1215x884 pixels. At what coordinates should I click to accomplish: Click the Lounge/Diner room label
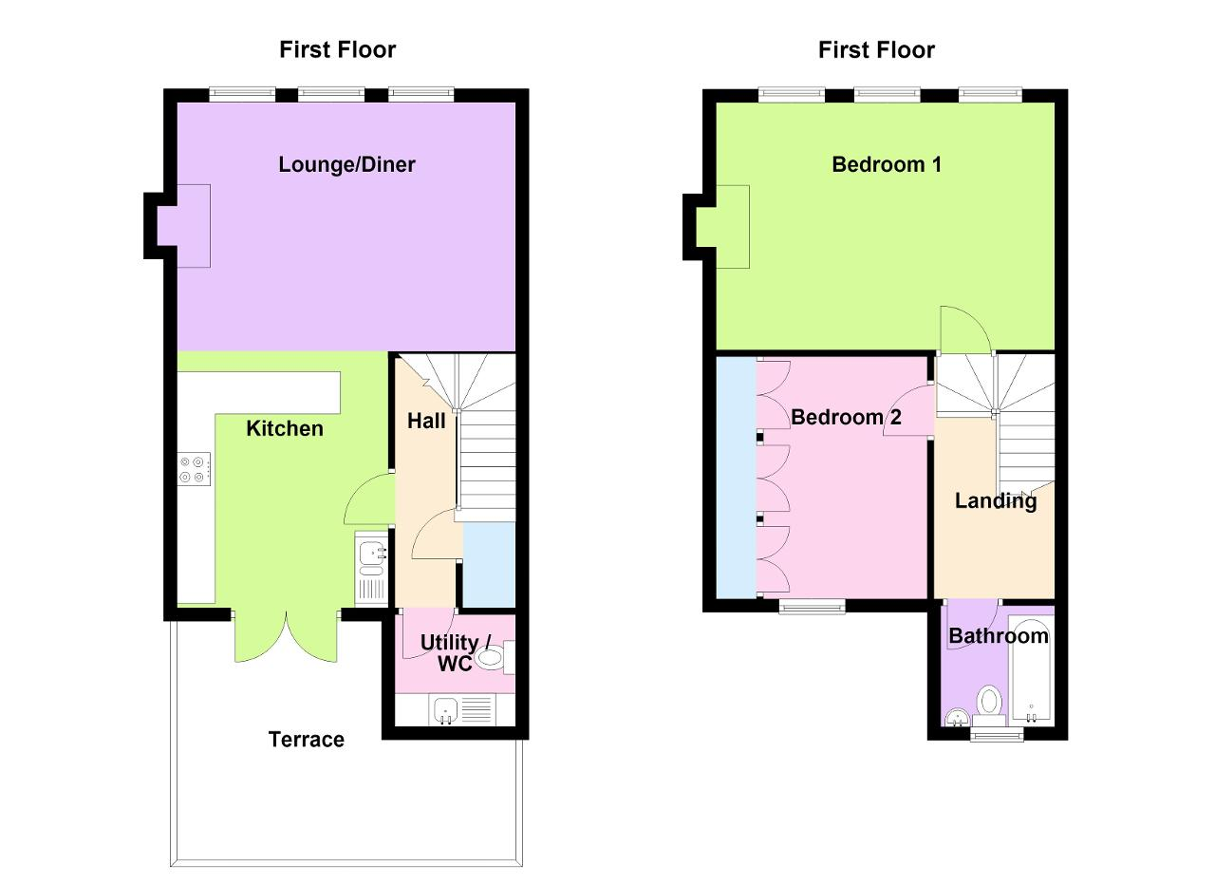[x=346, y=164]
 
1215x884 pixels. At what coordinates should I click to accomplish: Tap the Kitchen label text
[x=285, y=428]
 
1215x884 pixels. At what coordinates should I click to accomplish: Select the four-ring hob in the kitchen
[x=194, y=469]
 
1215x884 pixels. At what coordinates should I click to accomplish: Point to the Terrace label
[x=307, y=740]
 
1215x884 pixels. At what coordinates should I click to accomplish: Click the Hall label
[x=426, y=421]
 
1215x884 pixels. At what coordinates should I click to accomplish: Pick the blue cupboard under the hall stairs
[x=489, y=564]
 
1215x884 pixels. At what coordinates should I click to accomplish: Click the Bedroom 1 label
[x=887, y=164]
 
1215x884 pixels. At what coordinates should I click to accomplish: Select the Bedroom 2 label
[x=846, y=417]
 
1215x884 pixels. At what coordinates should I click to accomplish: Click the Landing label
[x=996, y=501]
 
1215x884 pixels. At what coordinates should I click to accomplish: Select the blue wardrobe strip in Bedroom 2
[x=736, y=478]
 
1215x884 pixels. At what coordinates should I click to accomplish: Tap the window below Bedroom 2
[x=812, y=606]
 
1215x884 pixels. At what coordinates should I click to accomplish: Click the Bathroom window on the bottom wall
[x=997, y=735]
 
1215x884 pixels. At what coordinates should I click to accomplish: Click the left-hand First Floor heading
[x=337, y=50]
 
